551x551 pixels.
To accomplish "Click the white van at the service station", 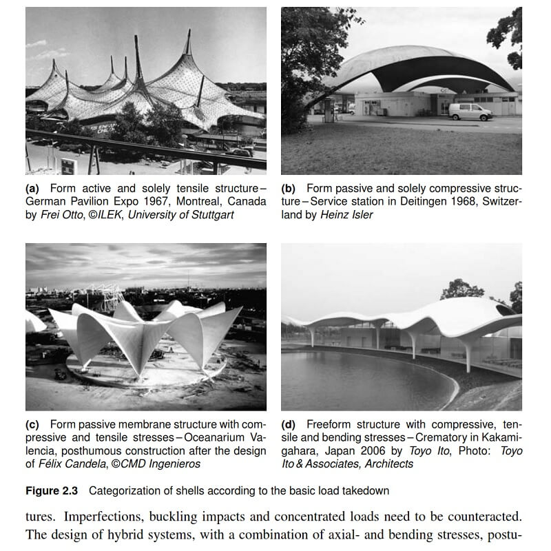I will (x=470, y=112).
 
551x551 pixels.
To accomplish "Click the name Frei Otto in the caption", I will (x=61, y=214).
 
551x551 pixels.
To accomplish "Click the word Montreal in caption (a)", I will (x=192, y=201).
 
